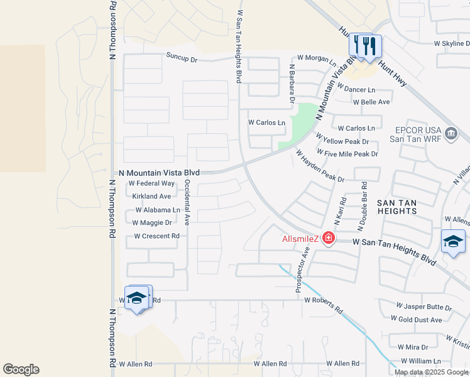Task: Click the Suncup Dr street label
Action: click(182, 56)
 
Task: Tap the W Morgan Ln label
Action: click(317, 58)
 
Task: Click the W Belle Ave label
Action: click(371, 102)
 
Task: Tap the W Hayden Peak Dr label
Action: click(320, 167)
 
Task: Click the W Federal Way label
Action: click(151, 183)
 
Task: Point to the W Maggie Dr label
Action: click(151, 222)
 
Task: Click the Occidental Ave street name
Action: click(187, 202)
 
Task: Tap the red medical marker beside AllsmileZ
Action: click(327, 238)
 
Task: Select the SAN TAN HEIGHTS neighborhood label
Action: click(397, 207)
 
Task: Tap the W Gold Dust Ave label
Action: click(417, 320)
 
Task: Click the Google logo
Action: click(21, 369)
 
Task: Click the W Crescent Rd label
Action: click(157, 236)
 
